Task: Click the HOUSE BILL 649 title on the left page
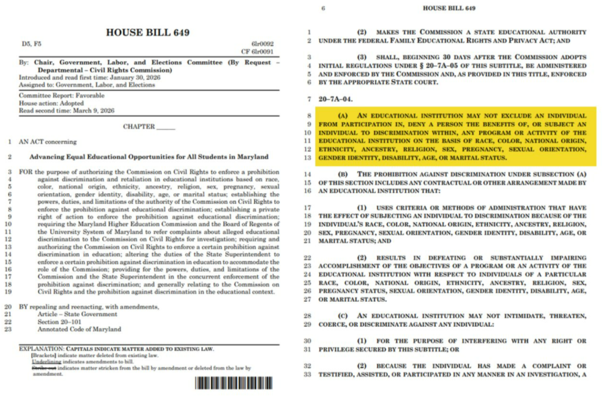148,32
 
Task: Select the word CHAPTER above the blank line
139,126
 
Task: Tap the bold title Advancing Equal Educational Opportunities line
149,157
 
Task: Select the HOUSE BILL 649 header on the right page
449,9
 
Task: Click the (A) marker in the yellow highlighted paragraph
346,116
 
